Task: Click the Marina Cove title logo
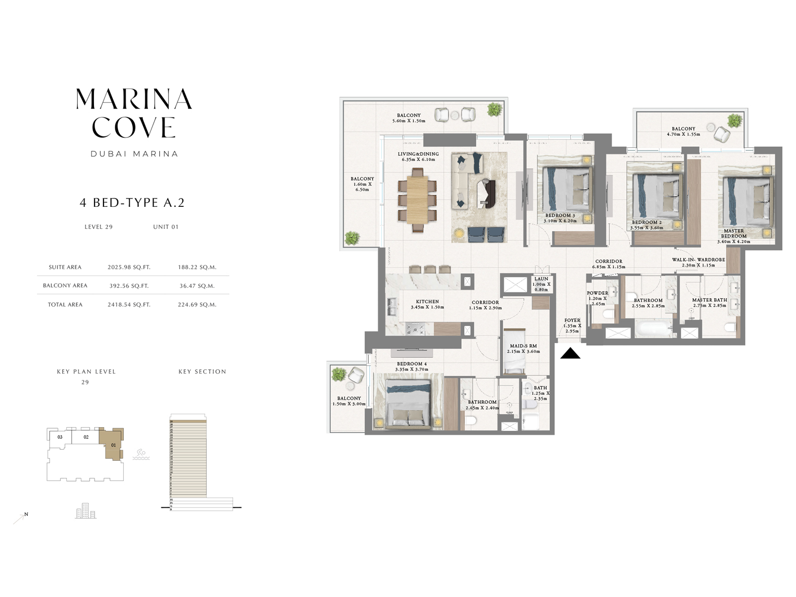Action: [134, 113]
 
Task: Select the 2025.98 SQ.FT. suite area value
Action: [128, 267]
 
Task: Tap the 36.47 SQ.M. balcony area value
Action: [196, 286]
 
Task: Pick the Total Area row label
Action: [65, 305]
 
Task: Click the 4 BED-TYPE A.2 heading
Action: [132, 203]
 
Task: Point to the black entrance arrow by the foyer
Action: [570, 354]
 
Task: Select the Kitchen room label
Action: [427, 302]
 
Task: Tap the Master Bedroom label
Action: [733, 233]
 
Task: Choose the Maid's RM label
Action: [523, 346]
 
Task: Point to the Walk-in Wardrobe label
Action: [698, 260]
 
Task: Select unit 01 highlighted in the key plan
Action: [112, 444]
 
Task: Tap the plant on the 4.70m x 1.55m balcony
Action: [735, 120]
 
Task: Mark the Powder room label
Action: [597, 293]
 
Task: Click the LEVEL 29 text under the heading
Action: [98, 227]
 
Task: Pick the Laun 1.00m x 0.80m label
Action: [541, 279]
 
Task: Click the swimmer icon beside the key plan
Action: [141, 454]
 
